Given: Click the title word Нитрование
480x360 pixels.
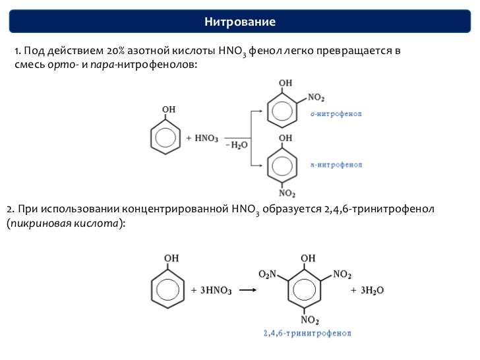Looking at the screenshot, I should coord(239,22).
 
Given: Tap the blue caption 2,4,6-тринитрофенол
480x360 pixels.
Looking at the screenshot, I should coord(307,334).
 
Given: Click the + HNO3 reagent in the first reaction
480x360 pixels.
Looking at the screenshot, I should coord(203,138).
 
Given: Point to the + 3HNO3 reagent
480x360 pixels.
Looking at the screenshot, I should coord(212,290).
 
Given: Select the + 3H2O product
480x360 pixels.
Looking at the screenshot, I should coord(368,290).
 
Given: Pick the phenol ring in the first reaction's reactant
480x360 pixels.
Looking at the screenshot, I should coord(165,138).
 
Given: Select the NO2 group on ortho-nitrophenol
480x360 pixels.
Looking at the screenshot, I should coord(315,98).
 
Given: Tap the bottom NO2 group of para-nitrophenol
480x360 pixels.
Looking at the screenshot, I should coord(285,193).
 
